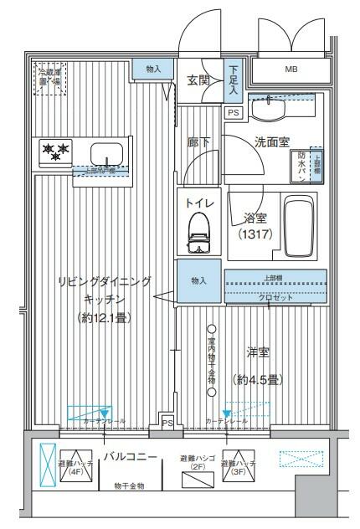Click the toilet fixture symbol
pyautogui.click(x=198, y=231)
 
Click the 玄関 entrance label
pyautogui.click(x=198, y=80)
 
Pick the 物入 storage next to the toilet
pyautogui.click(x=198, y=280)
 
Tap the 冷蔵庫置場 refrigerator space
pyautogui.click(x=50, y=77)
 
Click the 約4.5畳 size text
pyautogui.click(x=257, y=379)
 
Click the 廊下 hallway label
pyautogui.click(x=198, y=142)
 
